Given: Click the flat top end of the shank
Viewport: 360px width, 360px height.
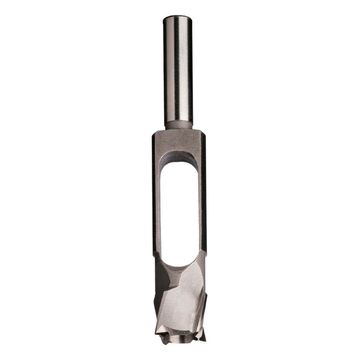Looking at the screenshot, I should (177, 17).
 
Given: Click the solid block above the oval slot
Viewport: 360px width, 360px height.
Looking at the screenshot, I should (179, 142).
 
